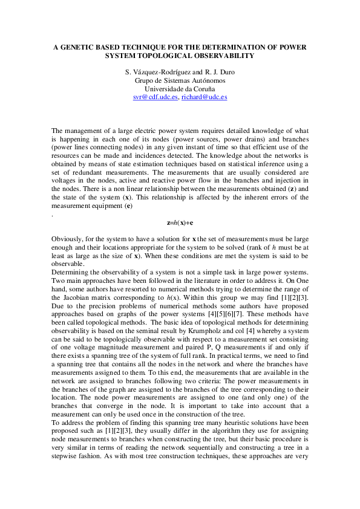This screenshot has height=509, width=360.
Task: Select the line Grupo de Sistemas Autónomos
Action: (x=179, y=80)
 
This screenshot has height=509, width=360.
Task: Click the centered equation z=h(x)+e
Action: (x=179, y=222)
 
